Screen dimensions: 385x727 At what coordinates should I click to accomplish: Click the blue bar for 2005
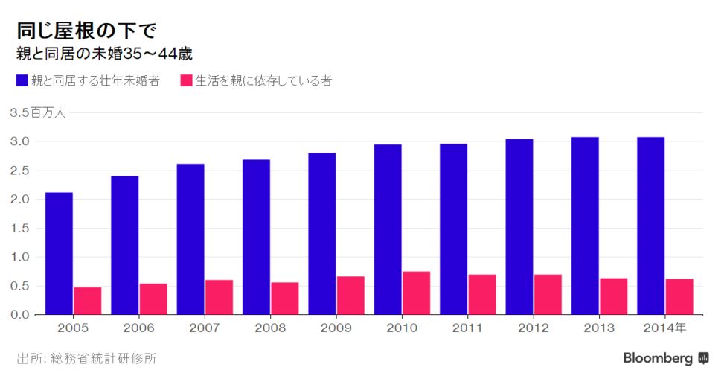tap(59, 253)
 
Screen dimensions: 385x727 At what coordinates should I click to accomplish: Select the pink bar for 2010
tap(417, 293)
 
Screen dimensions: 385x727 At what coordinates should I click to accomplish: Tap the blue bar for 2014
tap(650, 226)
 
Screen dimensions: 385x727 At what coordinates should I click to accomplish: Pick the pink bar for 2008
tap(284, 298)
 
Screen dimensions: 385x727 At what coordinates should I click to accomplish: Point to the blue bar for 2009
tap(322, 233)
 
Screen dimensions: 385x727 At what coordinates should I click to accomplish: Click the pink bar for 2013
tap(614, 296)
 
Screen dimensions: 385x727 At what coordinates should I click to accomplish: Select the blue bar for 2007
tap(190, 238)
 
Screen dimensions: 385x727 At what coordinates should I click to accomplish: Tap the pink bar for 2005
tap(87, 300)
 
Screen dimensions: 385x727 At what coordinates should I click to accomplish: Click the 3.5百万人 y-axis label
tap(38, 113)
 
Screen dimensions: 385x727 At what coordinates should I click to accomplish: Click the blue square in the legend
tap(22, 80)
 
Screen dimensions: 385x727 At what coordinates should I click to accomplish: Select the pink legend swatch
tap(187, 80)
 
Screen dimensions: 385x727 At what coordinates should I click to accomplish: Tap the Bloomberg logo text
tap(658, 359)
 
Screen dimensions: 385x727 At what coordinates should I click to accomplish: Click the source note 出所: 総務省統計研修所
tap(86, 359)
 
